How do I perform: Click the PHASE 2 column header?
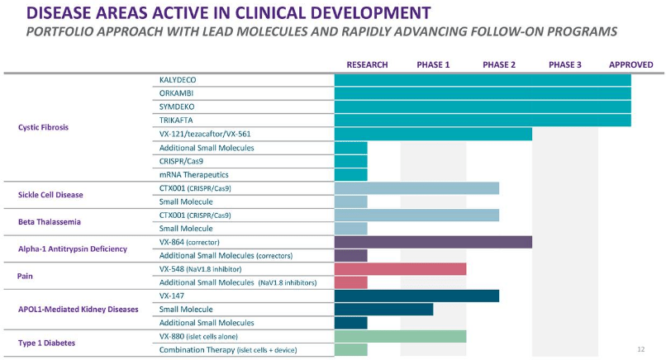pyautogui.click(x=499, y=64)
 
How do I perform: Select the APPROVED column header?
pyautogui.click(x=630, y=64)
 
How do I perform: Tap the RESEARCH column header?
pyautogui.click(x=367, y=64)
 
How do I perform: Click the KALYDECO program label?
pyautogui.click(x=178, y=80)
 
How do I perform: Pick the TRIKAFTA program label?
pyautogui.click(x=177, y=121)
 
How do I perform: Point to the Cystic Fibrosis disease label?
pyautogui.click(x=43, y=128)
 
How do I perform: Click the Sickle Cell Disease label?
pyautogui.click(x=50, y=195)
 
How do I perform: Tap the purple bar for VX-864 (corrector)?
pyautogui.click(x=433, y=242)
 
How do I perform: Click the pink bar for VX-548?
pyautogui.click(x=400, y=269)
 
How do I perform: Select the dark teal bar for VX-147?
pyautogui.click(x=416, y=296)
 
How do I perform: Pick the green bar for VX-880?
pyautogui.click(x=400, y=336)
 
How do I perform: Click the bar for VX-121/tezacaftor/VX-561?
pyautogui.click(x=433, y=135)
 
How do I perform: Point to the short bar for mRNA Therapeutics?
pyautogui.click(x=350, y=175)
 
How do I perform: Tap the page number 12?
pyautogui.click(x=640, y=349)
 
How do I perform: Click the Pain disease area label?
pyautogui.click(x=26, y=276)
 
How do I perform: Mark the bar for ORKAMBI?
pyautogui.click(x=483, y=94)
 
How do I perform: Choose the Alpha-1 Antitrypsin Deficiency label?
pyautogui.click(x=72, y=249)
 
